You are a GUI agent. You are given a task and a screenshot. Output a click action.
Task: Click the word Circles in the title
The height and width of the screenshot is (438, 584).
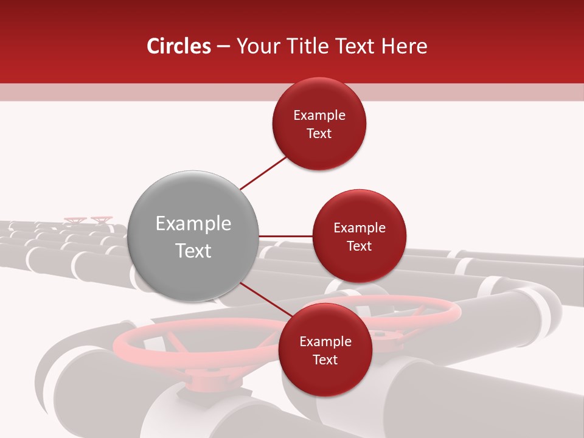[178, 46]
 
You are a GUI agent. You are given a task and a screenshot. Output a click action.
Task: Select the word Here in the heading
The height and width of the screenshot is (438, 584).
[403, 46]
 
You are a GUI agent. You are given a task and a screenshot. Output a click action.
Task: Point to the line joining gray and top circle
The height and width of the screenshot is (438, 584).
[263, 172]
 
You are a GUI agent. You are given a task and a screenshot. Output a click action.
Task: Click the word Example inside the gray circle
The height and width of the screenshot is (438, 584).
[193, 224]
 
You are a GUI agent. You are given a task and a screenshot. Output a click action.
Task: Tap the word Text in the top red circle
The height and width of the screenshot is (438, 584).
[319, 134]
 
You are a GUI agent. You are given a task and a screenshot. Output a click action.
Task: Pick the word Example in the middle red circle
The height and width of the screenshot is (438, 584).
[360, 228]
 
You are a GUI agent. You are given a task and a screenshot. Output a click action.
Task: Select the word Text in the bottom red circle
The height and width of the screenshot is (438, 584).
[325, 360]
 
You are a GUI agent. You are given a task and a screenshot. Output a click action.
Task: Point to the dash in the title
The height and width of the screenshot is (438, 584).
[223, 46]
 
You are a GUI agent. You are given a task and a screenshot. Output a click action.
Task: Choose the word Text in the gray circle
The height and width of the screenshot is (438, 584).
[193, 251]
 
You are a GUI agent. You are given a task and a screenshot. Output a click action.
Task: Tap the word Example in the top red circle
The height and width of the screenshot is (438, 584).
[319, 116]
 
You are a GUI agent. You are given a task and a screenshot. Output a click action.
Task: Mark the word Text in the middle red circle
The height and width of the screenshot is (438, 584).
[360, 246]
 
